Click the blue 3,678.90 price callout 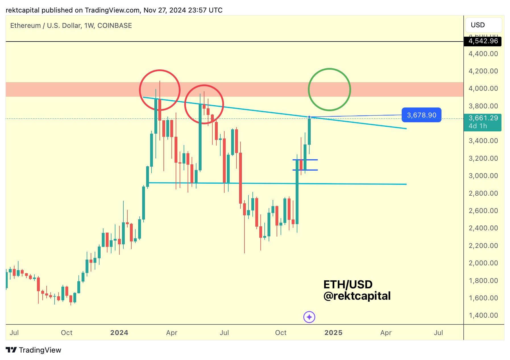coord(421,115)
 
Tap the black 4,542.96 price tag coord(483,41)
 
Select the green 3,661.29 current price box coord(483,122)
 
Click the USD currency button coord(483,25)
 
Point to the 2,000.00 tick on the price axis coord(483,263)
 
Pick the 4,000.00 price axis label coord(483,88)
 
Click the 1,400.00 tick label coord(483,315)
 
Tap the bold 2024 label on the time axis coord(119,333)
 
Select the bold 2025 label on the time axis coord(333,333)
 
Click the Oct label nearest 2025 coord(281,333)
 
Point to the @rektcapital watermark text coord(357,296)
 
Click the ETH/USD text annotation coord(348,284)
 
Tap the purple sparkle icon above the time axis coord(309,317)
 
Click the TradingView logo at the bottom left coord(34,350)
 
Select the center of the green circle coord(329,90)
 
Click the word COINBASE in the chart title coord(115,26)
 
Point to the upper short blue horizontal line coord(305,160)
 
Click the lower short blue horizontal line coord(305,170)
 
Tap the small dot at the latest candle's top coord(309,117)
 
